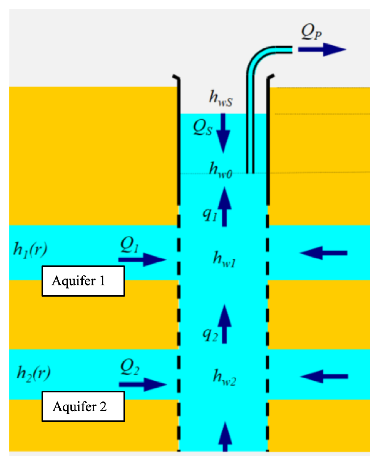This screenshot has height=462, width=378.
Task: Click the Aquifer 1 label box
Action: (x=83, y=281)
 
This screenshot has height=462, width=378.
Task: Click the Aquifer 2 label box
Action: (x=83, y=406)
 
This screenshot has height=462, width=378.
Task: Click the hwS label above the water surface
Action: (x=221, y=98)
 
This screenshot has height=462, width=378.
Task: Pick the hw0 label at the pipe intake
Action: (x=221, y=169)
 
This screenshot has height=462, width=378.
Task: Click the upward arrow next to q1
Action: (x=225, y=206)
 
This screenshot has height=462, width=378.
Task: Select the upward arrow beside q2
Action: (x=225, y=324)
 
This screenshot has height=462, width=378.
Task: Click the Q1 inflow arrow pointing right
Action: (x=142, y=259)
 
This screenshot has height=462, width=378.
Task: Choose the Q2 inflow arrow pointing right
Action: (x=143, y=384)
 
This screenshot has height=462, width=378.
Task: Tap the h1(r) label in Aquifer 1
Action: (x=30, y=249)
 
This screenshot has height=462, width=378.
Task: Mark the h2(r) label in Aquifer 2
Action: (x=34, y=373)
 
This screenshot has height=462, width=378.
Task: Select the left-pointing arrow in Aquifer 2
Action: (x=324, y=376)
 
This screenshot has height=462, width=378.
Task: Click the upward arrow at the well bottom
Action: (x=225, y=437)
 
